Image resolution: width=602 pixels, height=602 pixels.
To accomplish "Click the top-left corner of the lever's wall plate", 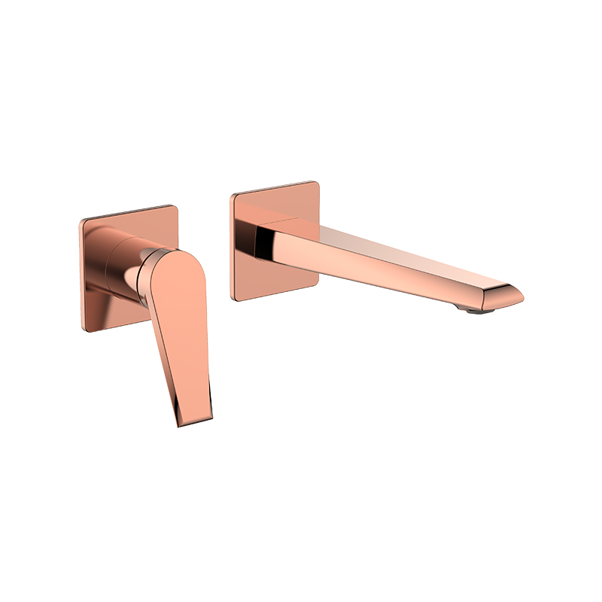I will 82,220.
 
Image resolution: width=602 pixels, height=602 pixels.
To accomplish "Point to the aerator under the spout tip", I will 473,307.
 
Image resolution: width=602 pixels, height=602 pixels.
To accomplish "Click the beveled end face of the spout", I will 506,295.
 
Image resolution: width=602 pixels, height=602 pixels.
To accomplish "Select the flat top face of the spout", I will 391,241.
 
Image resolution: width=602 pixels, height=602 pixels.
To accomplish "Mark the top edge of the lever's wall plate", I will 128,211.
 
